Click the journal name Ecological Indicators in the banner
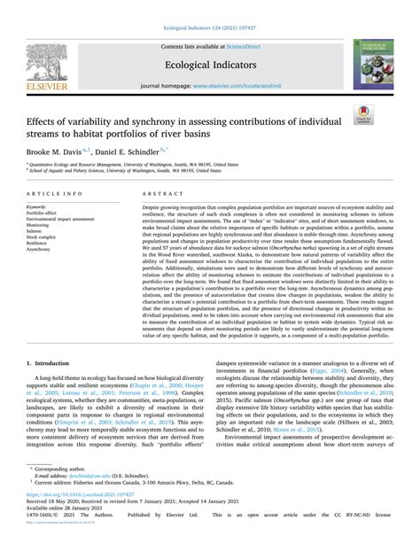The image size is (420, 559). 209,64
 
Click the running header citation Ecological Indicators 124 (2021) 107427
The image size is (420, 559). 209,15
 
